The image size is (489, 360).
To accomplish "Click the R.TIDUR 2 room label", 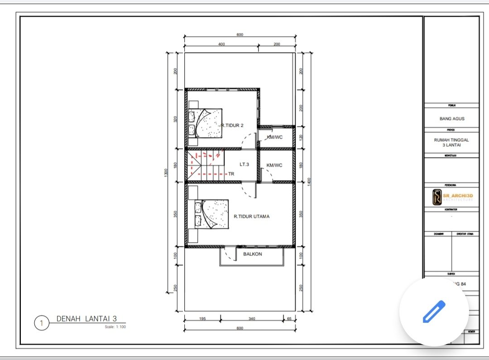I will [232, 125].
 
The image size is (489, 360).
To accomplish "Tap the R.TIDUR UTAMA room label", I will [251, 216].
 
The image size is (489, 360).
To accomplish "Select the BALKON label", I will [253, 254].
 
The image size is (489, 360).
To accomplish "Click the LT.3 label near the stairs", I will [244, 164].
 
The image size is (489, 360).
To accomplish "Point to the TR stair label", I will [231, 173].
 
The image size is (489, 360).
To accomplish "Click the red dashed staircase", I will [206, 163].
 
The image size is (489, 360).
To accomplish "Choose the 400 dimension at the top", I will [221, 44].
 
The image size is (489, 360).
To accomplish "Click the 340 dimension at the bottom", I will [252, 319].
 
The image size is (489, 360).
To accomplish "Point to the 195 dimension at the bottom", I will [202, 319].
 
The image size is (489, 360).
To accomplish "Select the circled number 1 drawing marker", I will [41, 323].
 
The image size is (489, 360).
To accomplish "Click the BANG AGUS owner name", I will [452, 119].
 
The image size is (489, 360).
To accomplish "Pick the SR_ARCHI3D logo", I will [452, 197].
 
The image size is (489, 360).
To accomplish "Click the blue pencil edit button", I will [434, 312].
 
